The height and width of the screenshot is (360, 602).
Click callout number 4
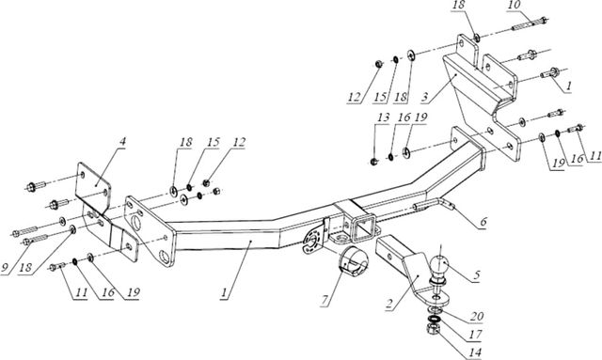(122, 142)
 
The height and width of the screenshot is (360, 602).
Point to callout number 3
(424, 97)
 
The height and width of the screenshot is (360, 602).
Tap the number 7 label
(325, 301)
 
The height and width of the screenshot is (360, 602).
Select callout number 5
(477, 275)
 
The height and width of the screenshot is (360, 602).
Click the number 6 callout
(483, 222)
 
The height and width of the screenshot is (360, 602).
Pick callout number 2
(389, 304)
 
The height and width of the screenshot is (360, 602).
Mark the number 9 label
(6, 268)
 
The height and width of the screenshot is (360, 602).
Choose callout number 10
(515, 6)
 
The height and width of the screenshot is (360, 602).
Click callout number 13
(383, 117)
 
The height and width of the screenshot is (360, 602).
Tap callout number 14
(475, 352)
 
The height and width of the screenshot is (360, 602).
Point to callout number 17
(475, 335)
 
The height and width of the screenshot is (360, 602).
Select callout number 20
(477, 317)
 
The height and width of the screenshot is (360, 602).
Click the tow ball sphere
(438, 265)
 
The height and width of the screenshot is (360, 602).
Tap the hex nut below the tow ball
(433, 329)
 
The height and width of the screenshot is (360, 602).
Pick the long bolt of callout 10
(530, 23)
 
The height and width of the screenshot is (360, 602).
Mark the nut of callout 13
(374, 161)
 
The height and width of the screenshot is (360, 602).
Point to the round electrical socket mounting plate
(313, 240)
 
